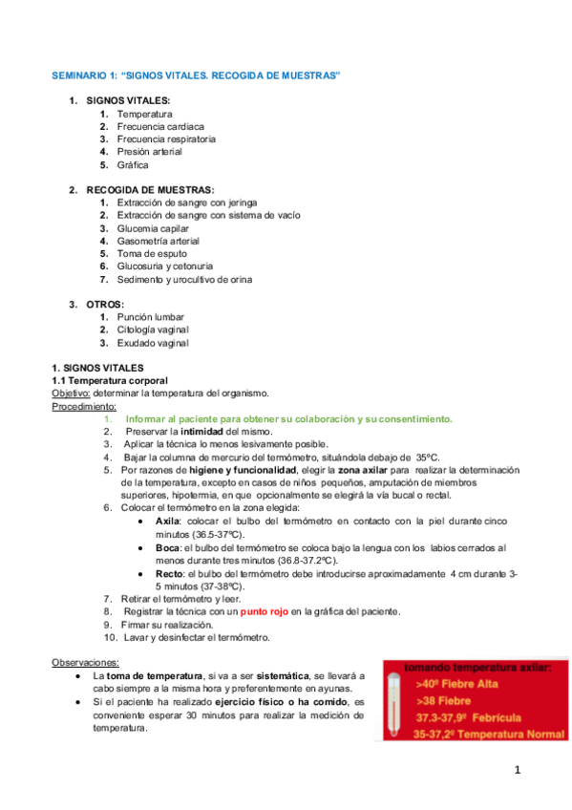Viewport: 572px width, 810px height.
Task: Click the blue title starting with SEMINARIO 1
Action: pyautogui.click(x=196, y=75)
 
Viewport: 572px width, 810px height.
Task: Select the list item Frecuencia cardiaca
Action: pyautogui.click(x=159, y=126)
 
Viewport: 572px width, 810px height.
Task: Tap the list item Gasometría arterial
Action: pyautogui.click(x=158, y=241)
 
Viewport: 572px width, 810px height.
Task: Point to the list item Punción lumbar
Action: pyautogui.click(x=150, y=317)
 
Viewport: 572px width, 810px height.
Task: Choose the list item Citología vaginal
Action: pyautogui.click(x=152, y=330)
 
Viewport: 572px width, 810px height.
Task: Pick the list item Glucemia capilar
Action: pyautogui.click(x=153, y=228)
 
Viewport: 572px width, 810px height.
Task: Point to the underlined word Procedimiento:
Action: pyautogui.click(x=83, y=406)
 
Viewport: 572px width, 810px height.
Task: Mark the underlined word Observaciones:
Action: pyautogui.click(x=85, y=662)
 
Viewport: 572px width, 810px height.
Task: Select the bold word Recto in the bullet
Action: pyautogui.click(x=169, y=572)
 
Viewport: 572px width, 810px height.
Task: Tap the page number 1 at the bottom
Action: pyautogui.click(x=516, y=769)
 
